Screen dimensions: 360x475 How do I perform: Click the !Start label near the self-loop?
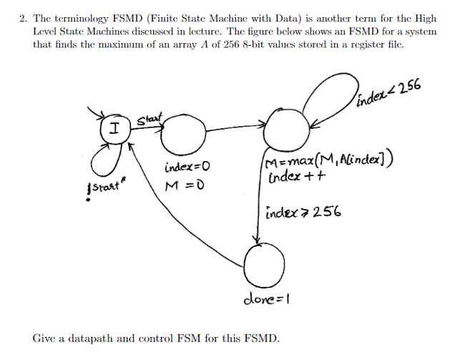click(103, 189)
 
